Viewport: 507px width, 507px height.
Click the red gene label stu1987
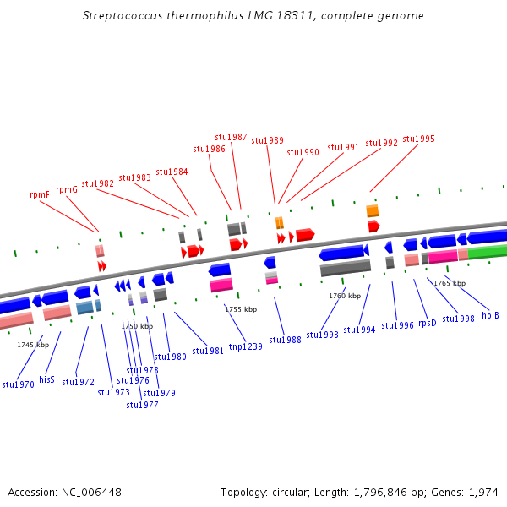[231, 137]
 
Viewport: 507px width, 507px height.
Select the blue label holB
[490, 315]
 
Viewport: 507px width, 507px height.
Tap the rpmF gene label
[40, 194]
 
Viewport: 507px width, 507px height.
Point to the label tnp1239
[245, 346]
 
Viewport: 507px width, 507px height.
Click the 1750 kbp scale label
[137, 326]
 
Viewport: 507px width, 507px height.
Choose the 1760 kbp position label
[345, 296]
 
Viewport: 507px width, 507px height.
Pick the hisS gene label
[46, 379]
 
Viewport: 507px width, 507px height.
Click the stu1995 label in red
[418, 139]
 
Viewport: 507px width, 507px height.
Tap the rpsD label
[428, 323]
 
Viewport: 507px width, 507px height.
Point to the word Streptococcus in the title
[119, 16]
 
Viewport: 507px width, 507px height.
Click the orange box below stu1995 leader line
[373, 210]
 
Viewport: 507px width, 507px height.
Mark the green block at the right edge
[488, 252]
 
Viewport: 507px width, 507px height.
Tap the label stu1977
[142, 404]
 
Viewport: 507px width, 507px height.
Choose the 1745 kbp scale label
[33, 345]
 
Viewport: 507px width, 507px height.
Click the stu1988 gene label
[285, 340]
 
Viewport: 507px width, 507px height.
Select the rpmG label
[67, 189]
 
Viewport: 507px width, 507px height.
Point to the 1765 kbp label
[450, 283]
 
